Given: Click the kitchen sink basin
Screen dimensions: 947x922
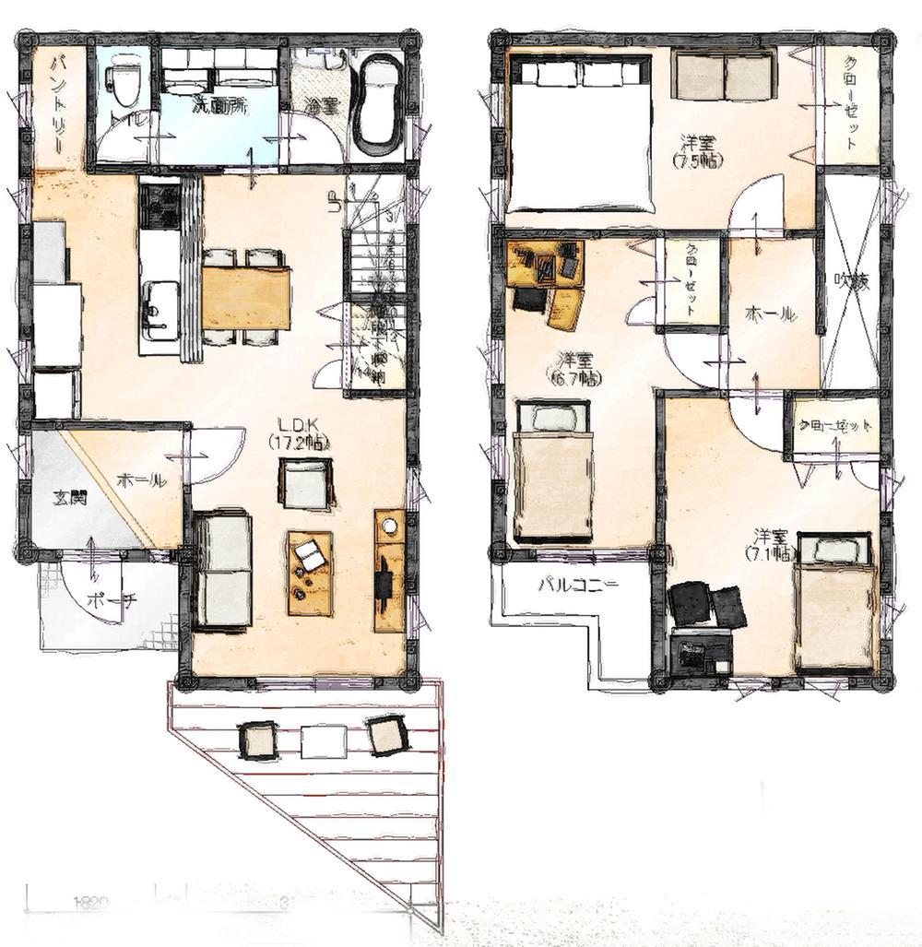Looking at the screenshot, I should pos(161,302).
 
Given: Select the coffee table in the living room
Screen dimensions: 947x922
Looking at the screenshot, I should pos(311,572).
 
